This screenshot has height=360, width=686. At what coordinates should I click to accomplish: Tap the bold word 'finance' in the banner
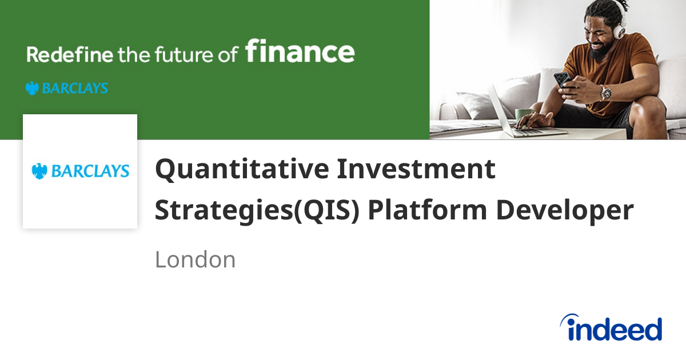click(x=300, y=52)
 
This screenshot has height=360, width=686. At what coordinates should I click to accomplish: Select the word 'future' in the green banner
click(x=181, y=55)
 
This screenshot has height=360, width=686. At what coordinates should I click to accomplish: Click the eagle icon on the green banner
click(x=32, y=88)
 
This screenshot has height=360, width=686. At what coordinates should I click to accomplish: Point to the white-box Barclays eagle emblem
click(x=39, y=171)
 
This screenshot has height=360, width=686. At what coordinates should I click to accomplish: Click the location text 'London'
click(x=195, y=260)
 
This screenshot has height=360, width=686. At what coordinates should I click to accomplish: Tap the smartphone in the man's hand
click(x=563, y=79)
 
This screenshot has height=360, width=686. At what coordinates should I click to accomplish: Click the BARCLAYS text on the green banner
click(x=74, y=89)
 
